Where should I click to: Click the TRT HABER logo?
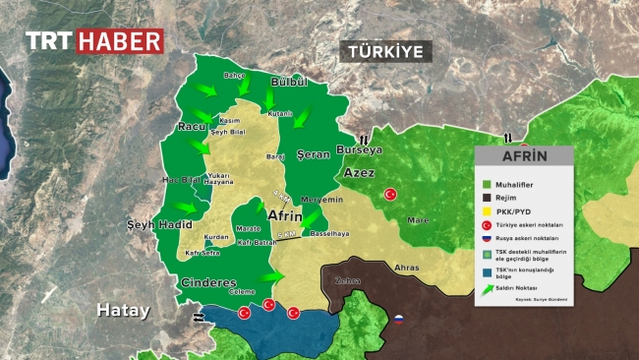tap(93, 41)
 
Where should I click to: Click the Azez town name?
tap(359, 173)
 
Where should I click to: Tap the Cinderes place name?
tap(208, 283)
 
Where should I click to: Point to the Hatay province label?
tap(123, 311)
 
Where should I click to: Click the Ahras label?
tap(405, 268)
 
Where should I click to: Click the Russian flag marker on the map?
tap(400, 319)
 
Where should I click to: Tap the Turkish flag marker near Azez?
tap(389, 195)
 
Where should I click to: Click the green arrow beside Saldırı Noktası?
tap(486, 289)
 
